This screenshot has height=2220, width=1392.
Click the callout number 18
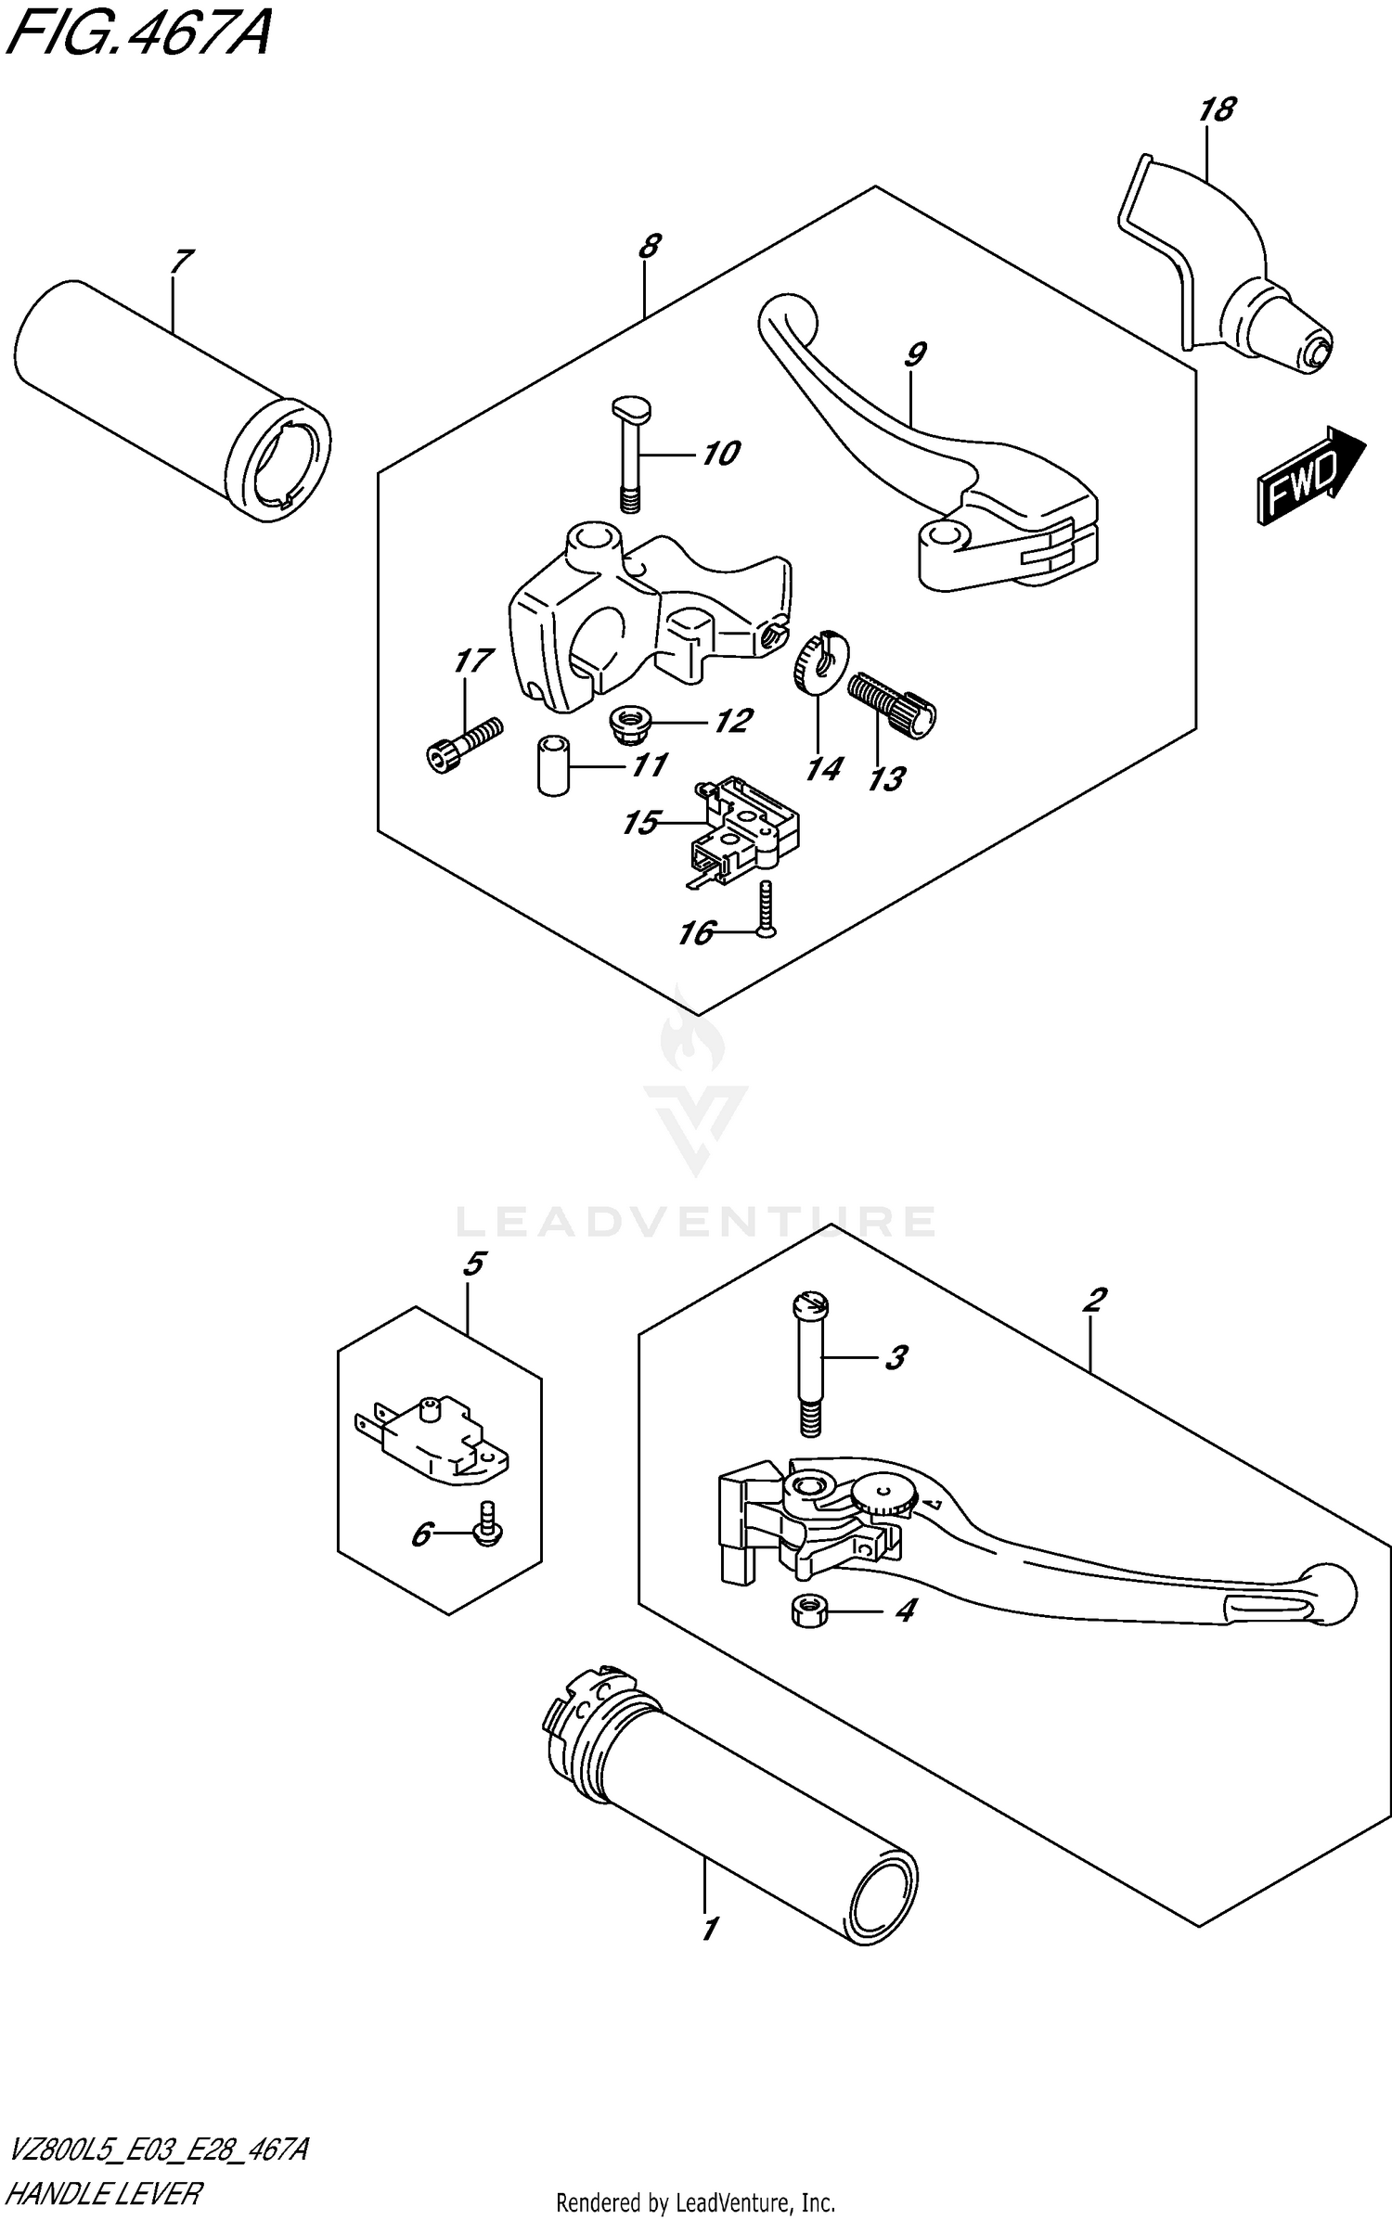coord(1217,110)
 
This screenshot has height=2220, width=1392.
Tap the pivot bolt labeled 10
coord(631,454)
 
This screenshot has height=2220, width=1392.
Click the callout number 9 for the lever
coord(914,354)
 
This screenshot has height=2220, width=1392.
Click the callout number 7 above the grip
coord(181,262)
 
